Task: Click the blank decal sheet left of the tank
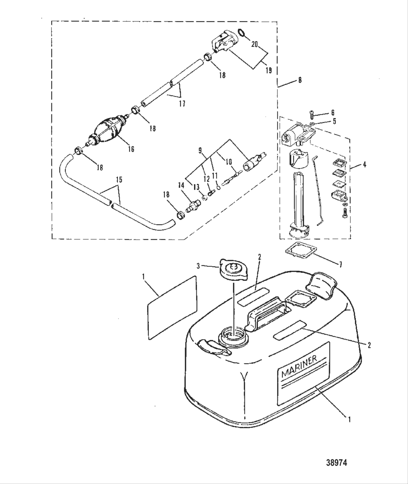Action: click(x=172, y=308)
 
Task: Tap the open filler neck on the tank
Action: click(x=233, y=335)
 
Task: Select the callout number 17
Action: click(x=182, y=104)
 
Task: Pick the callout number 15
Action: click(x=119, y=180)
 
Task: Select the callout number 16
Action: click(x=131, y=149)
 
